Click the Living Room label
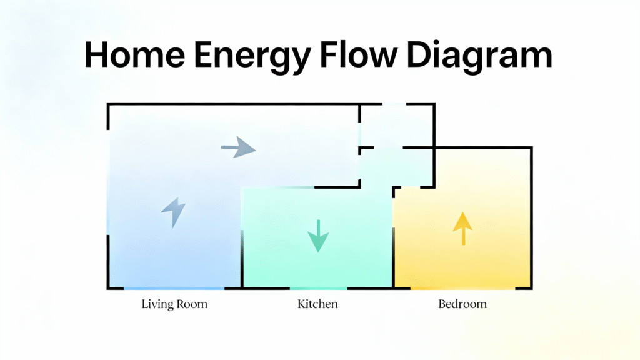click(x=174, y=305)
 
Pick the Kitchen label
click(x=317, y=305)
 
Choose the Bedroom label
click(x=462, y=305)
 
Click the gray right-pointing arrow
click(x=238, y=149)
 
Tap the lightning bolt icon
click(x=174, y=212)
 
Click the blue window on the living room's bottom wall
click(x=174, y=288)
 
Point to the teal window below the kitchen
click(x=318, y=288)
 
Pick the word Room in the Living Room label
click(x=192, y=305)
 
